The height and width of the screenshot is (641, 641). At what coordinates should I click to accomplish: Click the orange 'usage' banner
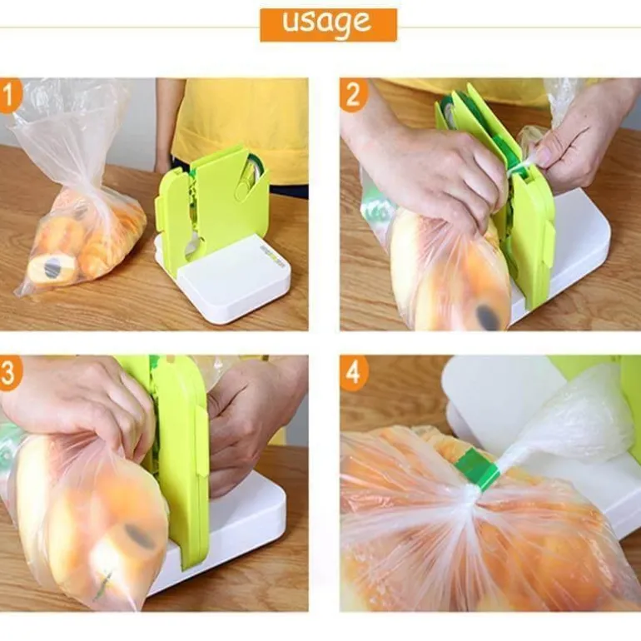(328, 25)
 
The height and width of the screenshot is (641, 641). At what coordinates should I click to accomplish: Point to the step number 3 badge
(10, 373)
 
